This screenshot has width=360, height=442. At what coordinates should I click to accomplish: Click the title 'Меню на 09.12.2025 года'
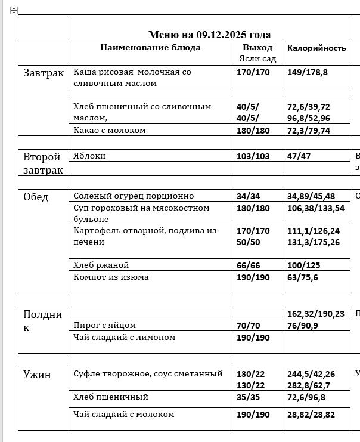point(209,35)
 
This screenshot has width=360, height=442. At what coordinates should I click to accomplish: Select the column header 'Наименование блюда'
point(150,48)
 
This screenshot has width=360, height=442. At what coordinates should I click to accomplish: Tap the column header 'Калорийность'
point(316,48)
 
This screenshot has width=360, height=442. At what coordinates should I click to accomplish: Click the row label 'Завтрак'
point(44,73)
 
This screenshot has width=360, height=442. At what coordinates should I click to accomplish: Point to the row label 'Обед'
point(36,197)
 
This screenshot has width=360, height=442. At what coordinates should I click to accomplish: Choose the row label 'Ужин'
point(37,375)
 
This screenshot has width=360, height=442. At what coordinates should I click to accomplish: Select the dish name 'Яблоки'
point(89,156)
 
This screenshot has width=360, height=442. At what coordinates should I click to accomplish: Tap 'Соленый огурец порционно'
point(134,196)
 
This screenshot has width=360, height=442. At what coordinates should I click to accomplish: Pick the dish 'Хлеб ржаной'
point(101,265)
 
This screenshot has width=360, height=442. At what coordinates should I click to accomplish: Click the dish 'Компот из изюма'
point(111,277)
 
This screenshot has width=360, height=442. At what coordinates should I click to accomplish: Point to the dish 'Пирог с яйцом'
point(104,325)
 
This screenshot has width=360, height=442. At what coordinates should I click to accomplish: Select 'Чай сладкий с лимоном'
point(124,337)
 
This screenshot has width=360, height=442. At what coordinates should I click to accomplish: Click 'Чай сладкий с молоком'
point(123,414)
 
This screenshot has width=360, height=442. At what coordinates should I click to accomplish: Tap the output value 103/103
point(253,156)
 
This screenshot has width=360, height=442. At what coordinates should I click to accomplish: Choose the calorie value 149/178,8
point(308,72)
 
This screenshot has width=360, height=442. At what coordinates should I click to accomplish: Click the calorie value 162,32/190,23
point(316,313)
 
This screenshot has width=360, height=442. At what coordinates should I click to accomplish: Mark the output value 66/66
point(249,265)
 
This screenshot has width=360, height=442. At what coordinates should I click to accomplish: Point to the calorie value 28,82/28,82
point(311,415)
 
